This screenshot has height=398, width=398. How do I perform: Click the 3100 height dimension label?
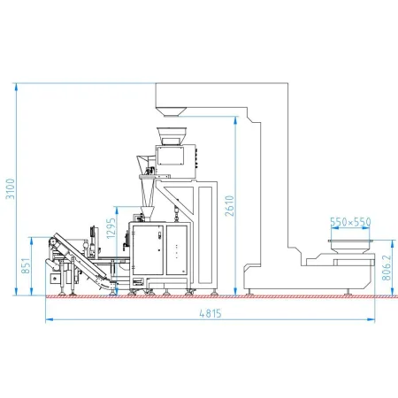11,188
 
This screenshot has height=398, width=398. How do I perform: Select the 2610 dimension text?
229,206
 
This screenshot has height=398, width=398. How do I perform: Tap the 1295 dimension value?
111,228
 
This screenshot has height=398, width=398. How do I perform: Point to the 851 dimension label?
26,265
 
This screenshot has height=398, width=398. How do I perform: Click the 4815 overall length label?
210,313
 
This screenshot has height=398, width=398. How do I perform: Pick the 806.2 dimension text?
387,268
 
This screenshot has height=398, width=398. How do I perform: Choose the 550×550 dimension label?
350,222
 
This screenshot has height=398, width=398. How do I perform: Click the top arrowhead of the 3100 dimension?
17,86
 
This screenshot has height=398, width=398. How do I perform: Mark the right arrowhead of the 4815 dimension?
371,319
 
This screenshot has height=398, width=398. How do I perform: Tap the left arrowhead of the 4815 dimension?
49,319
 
